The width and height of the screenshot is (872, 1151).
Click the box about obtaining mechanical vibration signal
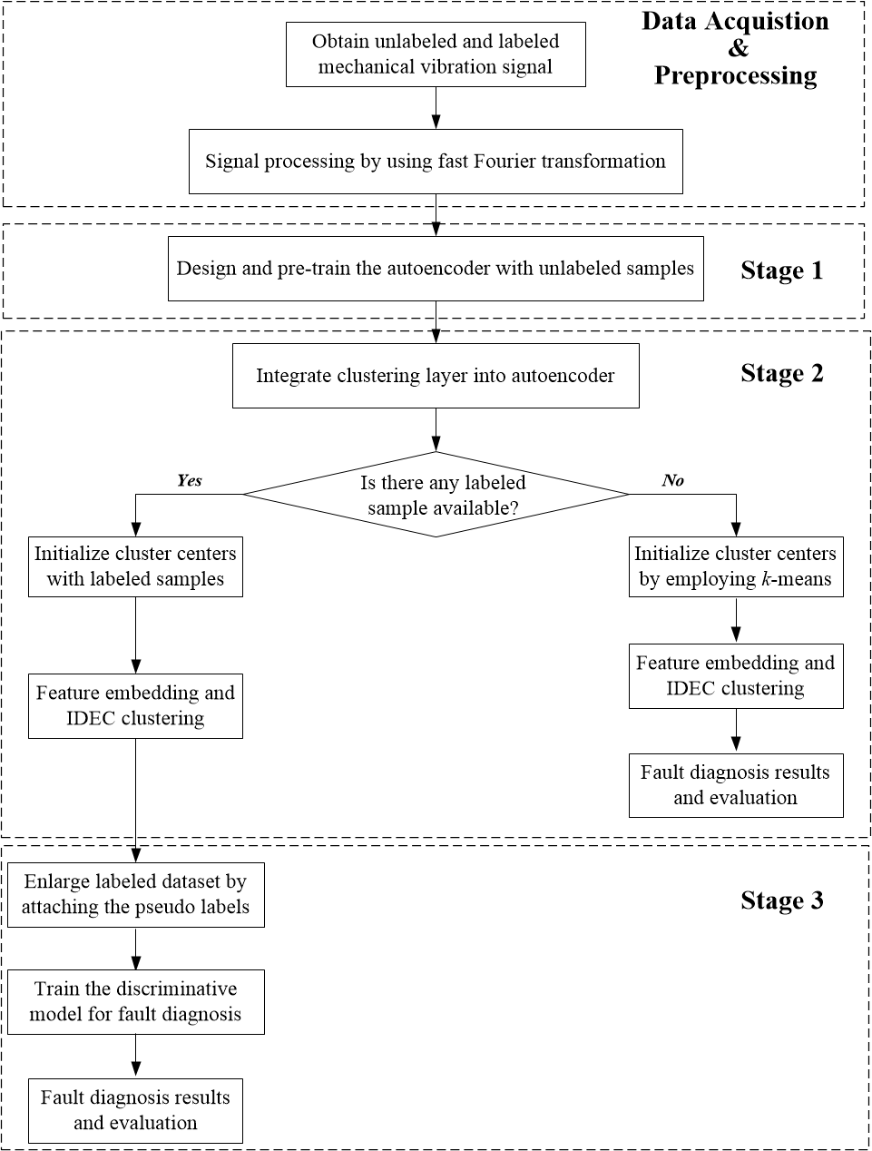(436, 54)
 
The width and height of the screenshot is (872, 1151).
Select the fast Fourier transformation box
(436, 162)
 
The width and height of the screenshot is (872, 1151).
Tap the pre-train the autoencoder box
(436, 269)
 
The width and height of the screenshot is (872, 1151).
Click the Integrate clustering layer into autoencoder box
(436, 376)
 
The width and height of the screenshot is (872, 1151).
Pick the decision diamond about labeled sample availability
(436, 495)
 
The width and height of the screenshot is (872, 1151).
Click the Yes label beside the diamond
(190, 480)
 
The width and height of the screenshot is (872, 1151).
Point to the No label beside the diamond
(673, 480)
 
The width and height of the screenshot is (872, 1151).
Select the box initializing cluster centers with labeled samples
(135, 566)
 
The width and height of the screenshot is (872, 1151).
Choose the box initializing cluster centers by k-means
(735, 566)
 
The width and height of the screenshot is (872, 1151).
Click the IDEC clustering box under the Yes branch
(135, 705)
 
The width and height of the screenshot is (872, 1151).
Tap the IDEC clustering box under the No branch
(735, 676)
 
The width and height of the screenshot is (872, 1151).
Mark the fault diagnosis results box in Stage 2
(735, 785)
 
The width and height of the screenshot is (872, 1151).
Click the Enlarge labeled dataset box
(135, 894)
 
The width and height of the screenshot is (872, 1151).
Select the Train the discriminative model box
(135, 1001)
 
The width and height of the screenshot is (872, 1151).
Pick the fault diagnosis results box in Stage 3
(135, 1110)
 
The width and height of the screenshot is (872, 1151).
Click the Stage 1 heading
(781, 271)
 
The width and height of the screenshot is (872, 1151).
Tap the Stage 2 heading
(781, 374)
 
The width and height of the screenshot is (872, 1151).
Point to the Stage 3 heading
(781, 900)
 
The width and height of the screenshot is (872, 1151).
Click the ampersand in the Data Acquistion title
(738, 48)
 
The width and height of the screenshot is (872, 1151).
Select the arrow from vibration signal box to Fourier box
(436, 108)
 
